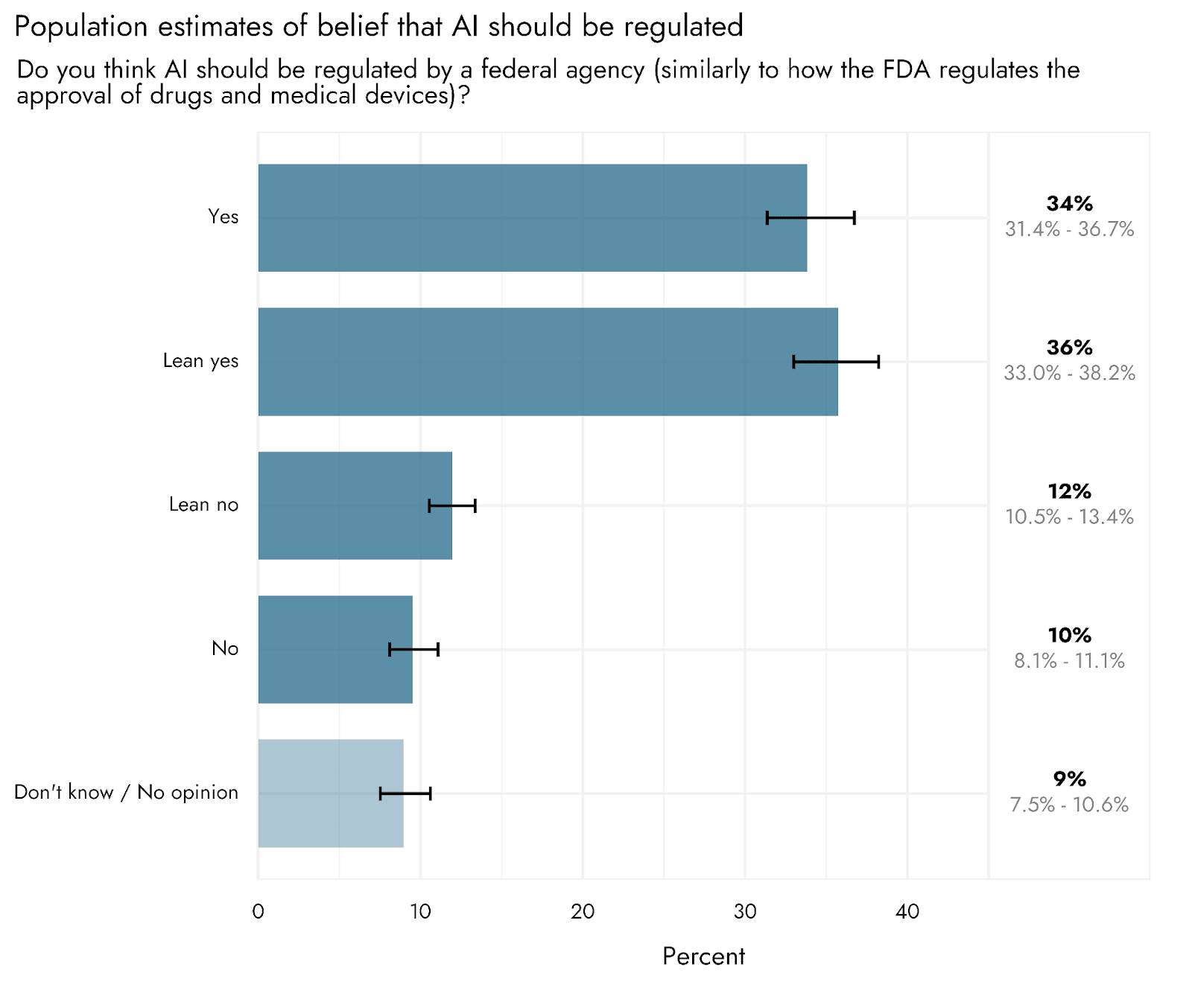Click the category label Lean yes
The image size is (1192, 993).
tap(200, 361)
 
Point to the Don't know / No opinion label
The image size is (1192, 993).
tap(126, 792)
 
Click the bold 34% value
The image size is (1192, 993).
tap(1069, 203)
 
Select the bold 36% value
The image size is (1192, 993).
tap(1069, 348)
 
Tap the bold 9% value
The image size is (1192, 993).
tap(1069, 779)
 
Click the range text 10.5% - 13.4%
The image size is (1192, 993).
tap(1069, 517)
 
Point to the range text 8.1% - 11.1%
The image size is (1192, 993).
tap(1069, 661)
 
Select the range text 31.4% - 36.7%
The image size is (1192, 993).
tap(1069, 229)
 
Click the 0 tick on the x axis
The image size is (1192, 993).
tap(259, 912)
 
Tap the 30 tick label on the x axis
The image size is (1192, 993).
tap(745, 912)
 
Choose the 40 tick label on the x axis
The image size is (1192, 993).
tap(907, 912)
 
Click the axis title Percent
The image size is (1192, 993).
tap(703, 957)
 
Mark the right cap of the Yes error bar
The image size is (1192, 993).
tap(854, 217)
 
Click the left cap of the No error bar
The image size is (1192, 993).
tap(390, 649)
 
